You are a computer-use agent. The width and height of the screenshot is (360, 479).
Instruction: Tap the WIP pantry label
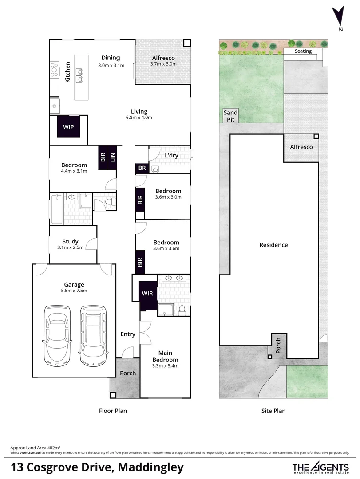[x=68, y=127]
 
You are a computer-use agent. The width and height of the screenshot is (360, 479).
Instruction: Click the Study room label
[x=70, y=242]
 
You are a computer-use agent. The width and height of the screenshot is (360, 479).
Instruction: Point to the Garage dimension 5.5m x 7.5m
[x=74, y=291]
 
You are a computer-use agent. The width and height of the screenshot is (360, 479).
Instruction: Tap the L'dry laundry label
[x=172, y=156]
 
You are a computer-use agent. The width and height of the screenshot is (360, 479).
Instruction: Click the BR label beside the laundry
[x=142, y=169]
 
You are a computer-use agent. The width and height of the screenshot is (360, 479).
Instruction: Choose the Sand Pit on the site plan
[x=230, y=116]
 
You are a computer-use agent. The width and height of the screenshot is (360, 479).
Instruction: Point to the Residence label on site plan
[x=273, y=245]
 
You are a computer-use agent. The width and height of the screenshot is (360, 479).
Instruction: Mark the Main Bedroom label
[x=165, y=356]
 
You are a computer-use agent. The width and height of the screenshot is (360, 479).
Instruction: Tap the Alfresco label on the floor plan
[x=163, y=58]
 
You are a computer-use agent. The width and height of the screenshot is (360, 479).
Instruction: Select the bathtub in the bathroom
[x=56, y=209]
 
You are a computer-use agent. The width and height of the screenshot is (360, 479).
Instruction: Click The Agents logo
[x=320, y=467]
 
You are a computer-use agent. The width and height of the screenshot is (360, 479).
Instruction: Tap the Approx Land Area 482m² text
[x=35, y=448]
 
